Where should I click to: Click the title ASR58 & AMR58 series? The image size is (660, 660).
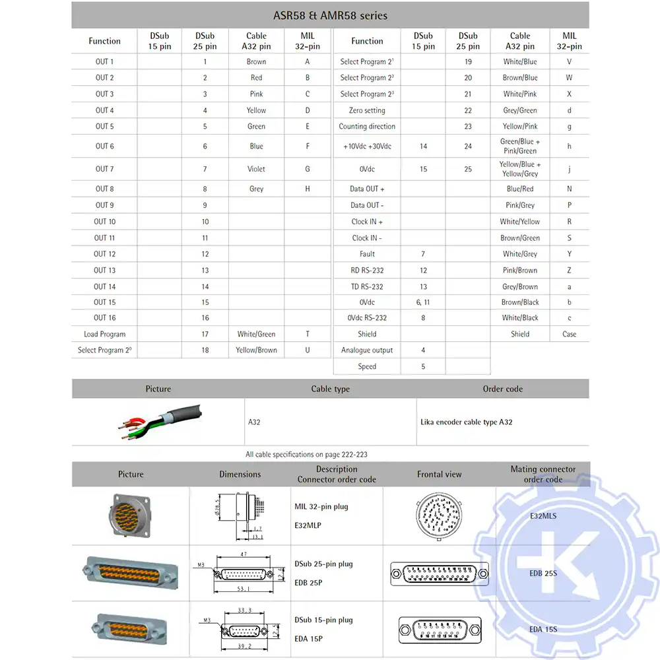(330, 15)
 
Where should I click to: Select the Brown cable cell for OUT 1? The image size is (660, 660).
(256, 61)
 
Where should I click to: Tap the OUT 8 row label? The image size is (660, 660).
(104, 189)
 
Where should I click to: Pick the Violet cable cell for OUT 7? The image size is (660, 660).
(256, 169)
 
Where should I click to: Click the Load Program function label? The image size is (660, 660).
(104, 334)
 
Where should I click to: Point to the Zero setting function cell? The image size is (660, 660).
(367, 110)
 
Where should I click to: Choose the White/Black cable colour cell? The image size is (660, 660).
(520, 317)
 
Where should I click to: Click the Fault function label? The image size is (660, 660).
(367, 253)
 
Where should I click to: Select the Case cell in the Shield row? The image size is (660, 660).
(569, 334)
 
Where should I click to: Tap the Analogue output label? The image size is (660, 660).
(367, 350)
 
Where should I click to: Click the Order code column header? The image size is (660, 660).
(502, 389)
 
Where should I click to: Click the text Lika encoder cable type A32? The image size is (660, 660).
(466, 422)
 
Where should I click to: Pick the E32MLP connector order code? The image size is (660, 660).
(308, 527)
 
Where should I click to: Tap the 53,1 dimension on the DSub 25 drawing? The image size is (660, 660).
(244, 589)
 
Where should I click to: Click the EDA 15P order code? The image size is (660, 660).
(308, 638)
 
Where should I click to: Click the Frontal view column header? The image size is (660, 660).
(439, 474)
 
